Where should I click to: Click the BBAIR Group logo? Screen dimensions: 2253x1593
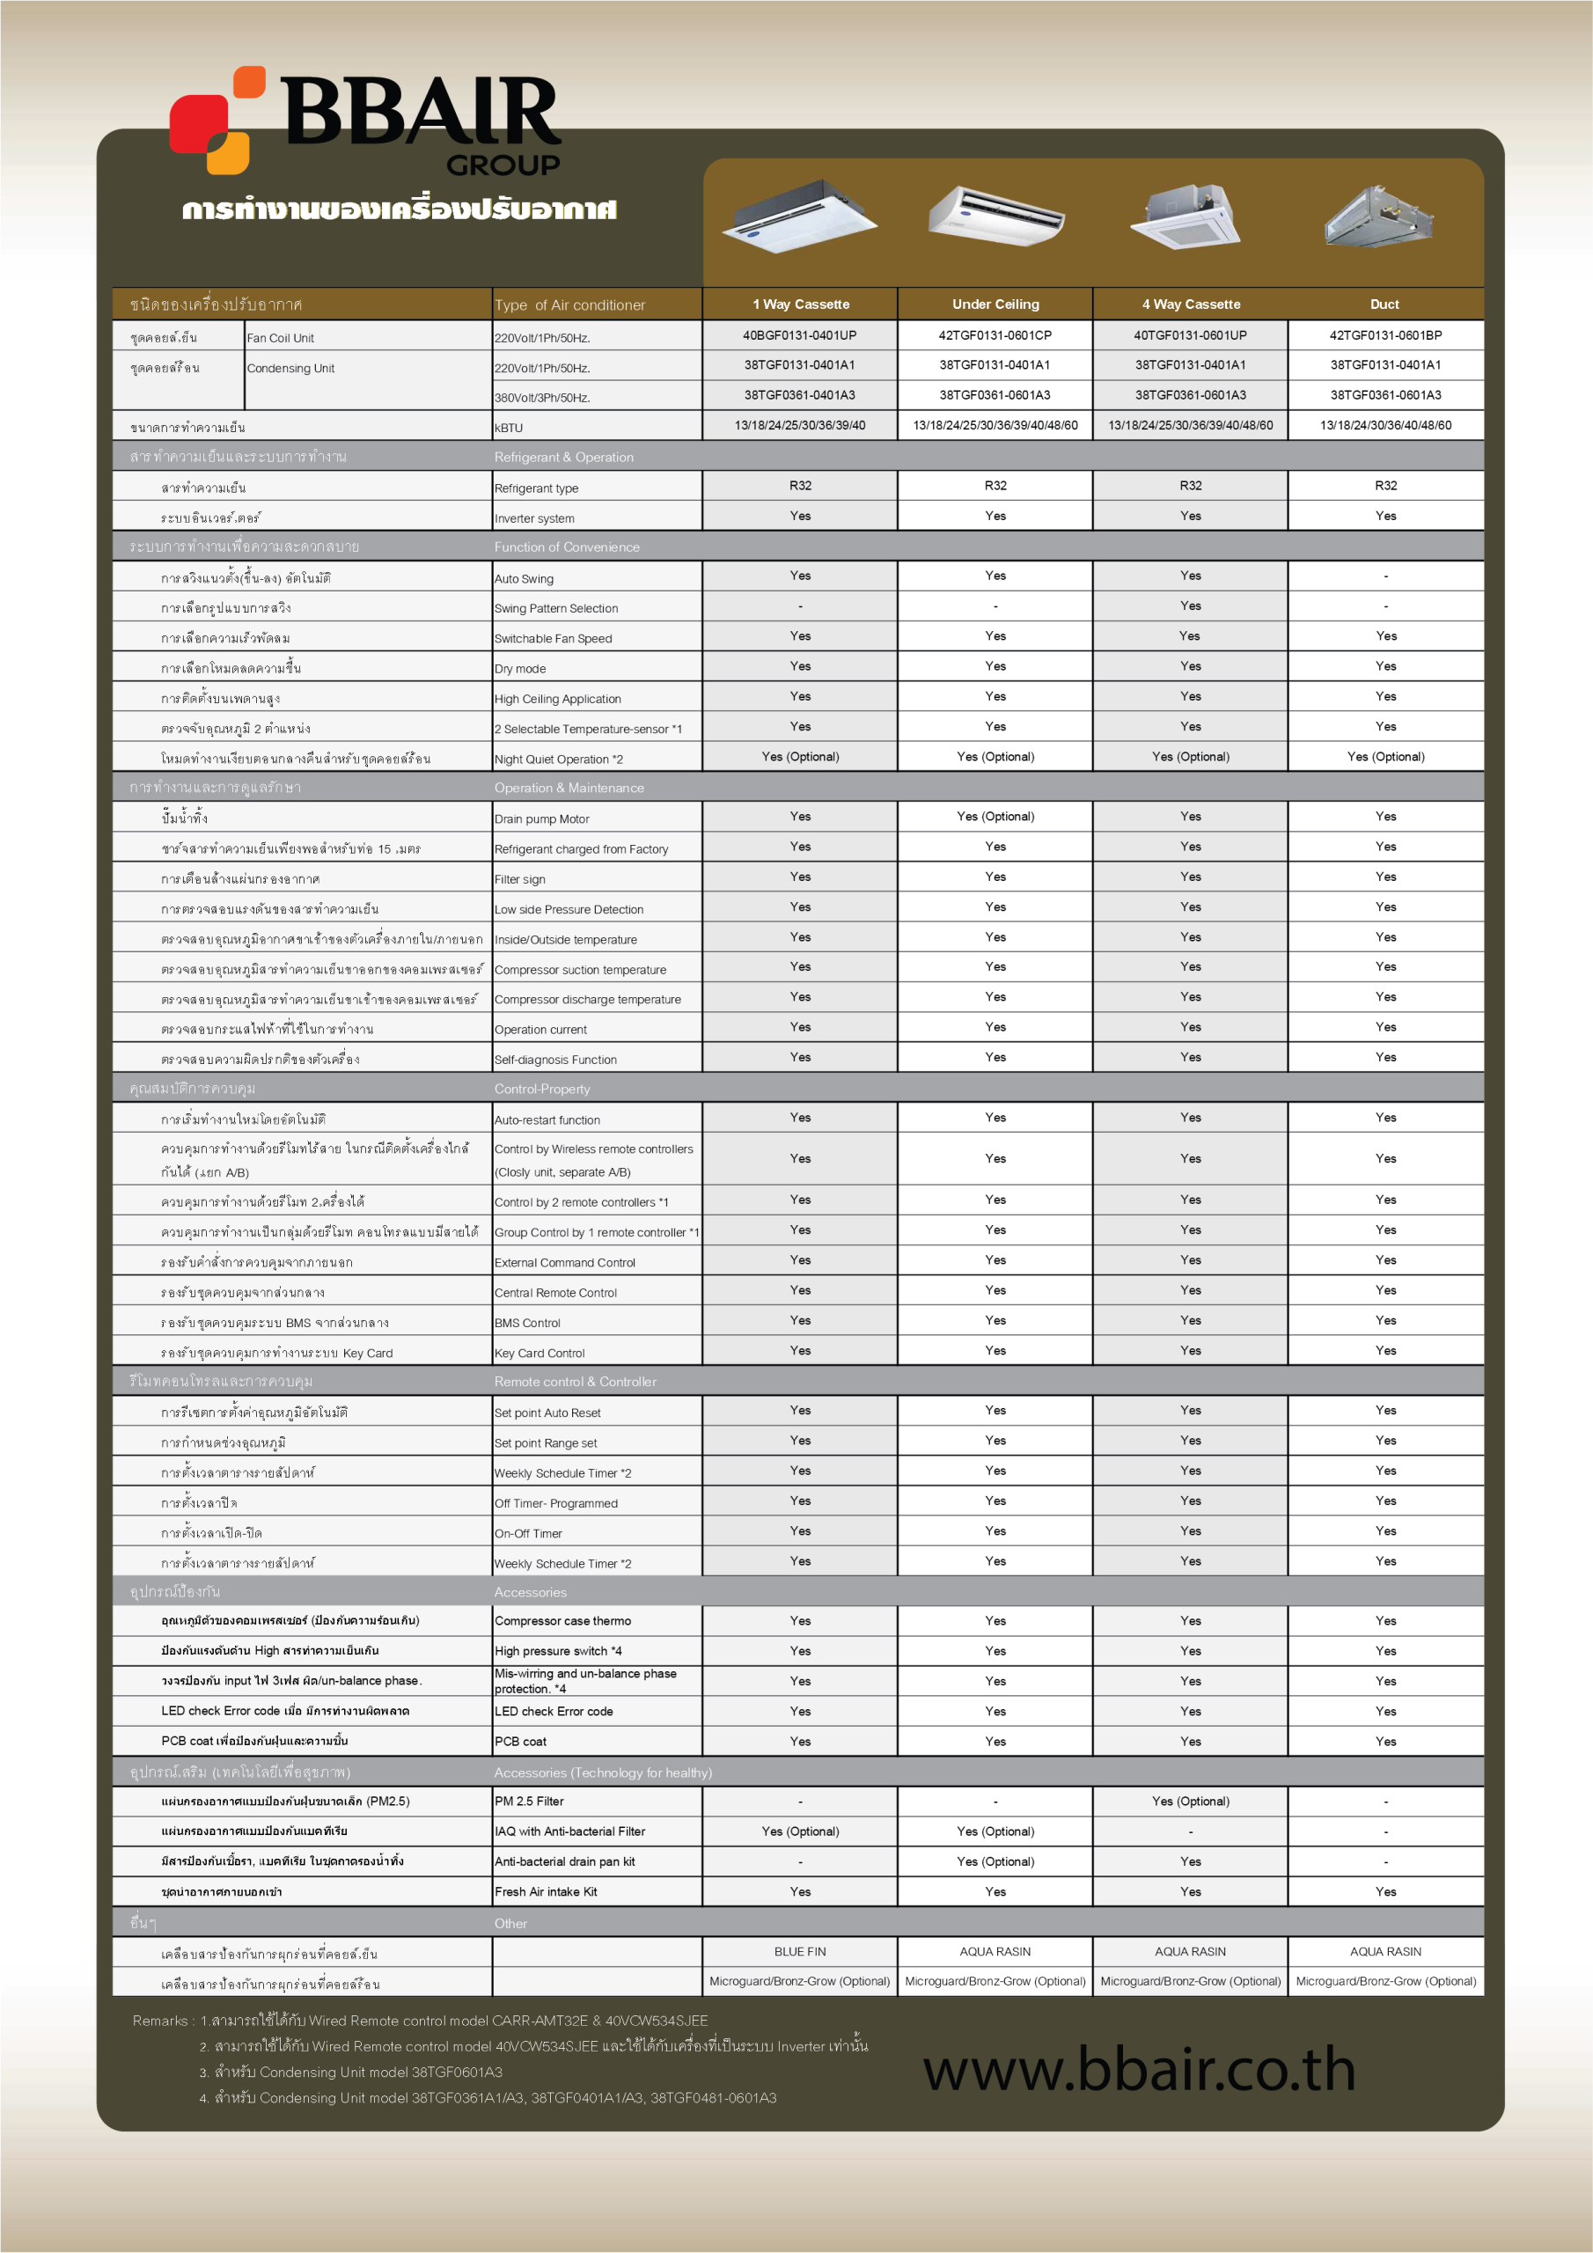[365, 121]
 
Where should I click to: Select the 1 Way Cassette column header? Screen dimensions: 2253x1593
[800, 305]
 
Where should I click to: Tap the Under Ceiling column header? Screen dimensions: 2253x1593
[995, 305]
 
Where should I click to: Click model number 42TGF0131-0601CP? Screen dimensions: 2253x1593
[995, 335]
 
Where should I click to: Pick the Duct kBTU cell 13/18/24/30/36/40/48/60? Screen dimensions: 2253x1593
[1385, 426]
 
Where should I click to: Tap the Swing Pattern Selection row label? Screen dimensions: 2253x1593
[555, 608]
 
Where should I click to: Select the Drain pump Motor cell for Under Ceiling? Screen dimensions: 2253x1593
[995, 817]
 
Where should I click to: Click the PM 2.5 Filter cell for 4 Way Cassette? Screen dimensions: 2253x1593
[1190, 1801]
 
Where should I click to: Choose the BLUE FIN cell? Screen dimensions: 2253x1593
[800, 1952]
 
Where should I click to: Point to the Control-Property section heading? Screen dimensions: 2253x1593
[542, 1090]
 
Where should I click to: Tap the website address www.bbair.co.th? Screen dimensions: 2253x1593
[1139, 2068]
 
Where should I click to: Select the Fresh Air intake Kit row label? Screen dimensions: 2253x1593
[546, 1892]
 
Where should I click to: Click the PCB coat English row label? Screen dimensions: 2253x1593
[520, 1742]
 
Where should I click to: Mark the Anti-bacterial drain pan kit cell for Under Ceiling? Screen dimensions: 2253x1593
[995, 1861]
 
